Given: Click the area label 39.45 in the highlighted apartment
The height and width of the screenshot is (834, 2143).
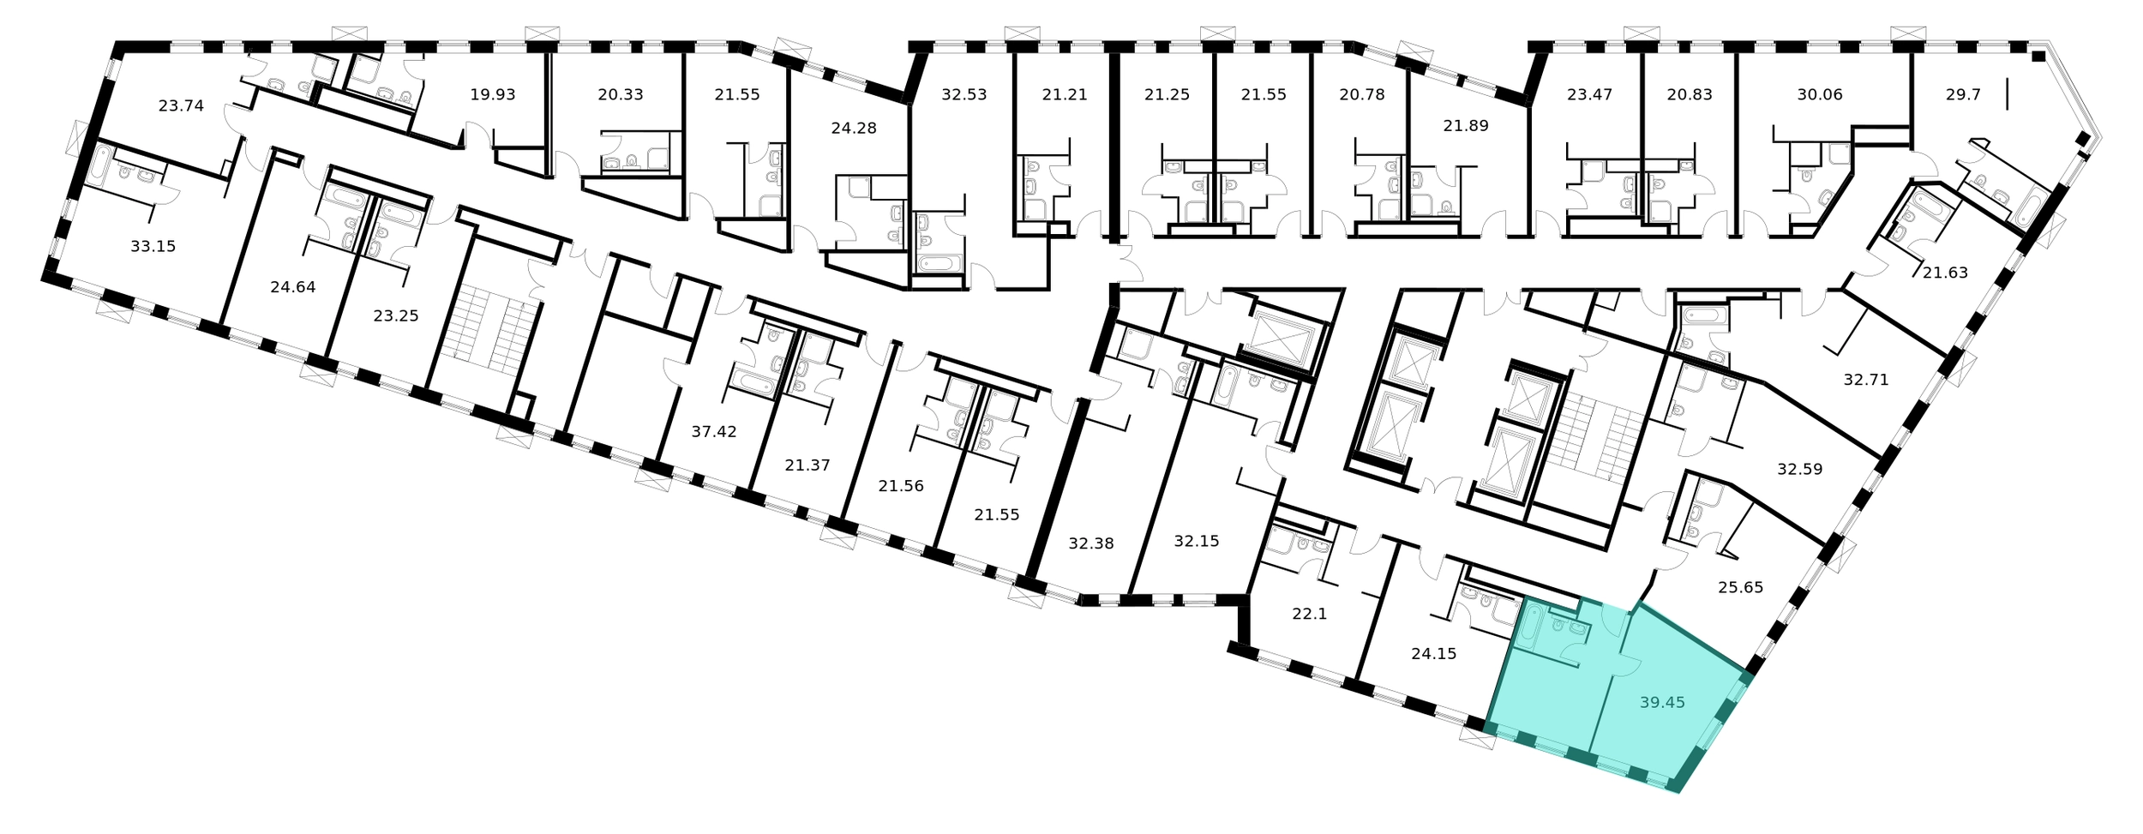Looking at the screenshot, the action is pyautogui.click(x=1662, y=703).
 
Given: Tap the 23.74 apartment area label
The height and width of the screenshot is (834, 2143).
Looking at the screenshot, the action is pyautogui.click(x=181, y=106).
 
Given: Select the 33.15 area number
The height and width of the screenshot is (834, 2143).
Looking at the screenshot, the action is pyautogui.click(x=153, y=247).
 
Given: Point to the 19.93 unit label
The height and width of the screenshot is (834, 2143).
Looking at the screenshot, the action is pyautogui.click(x=493, y=94).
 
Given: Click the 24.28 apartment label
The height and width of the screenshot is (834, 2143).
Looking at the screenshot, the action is pyautogui.click(x=854, y=129).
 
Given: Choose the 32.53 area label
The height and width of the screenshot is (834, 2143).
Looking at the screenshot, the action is pyautogui.click(x=964, y=94).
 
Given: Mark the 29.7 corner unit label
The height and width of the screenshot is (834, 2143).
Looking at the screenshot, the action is pyautogui.click(x=1963, y=94).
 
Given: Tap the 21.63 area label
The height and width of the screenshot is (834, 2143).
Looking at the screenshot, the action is pyautogui.click(x=1945, y=273).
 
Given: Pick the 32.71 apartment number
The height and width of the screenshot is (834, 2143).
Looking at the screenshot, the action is pyautogui.click(x=1866, y=380).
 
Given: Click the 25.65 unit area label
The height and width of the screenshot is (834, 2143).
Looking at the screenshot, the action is pyautogui.click(x=1741, y=588).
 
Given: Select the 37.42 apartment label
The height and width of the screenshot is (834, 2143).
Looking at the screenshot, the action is pyautogui.click(x=714, y=432).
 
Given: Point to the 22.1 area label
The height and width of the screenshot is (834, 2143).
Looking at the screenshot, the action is pyautogui.click(x=1310, y=615).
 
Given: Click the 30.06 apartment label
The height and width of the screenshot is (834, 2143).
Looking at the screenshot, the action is pyautogui.click(x=1820, y=94).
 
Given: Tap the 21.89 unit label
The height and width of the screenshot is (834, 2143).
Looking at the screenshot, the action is pyautogui.click(x=1466, y=126).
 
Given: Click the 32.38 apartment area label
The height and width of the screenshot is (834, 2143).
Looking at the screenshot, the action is pyautogui.click(x=1091, y=543).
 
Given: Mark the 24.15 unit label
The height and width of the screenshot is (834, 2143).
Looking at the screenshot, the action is pyautogui.click(x=1434, y=654).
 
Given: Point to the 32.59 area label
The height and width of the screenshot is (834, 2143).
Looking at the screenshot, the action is pyautogui.click(x=1800, y=470).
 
